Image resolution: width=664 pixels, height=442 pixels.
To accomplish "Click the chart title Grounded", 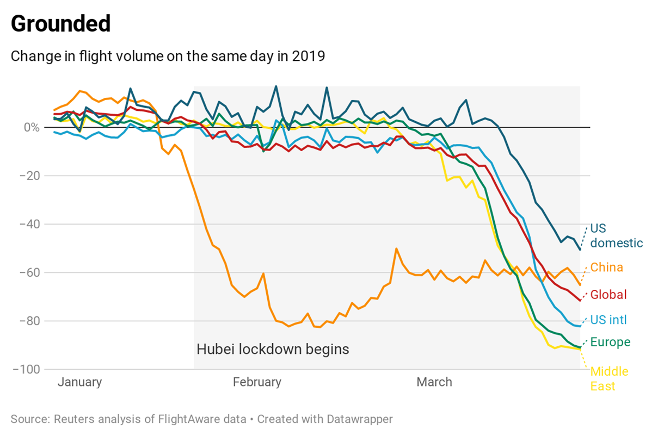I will pyautogui.click(x=60, y=24).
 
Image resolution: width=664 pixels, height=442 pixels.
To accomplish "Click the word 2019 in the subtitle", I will pyautogui.click(x=310, y=56).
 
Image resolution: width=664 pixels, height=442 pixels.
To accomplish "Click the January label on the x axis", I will pyautogui.click(x=79, y=382).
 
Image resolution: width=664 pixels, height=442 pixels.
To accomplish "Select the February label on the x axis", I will pyautogui.click(x=257, y=382).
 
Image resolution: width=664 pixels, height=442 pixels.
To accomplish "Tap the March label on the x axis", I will pyautogui.click(x=434, y=382).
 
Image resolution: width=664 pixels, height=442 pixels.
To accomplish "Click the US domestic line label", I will pyautogui.click(x=616, y=235).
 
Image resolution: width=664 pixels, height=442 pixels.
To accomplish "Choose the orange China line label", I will pyautogui.click(x=606, y=267).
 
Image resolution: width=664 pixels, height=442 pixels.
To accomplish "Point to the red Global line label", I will pyautogui.click(x=608, y=295).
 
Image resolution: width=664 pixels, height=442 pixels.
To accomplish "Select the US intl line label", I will pyautogui.click(x=608, y=320).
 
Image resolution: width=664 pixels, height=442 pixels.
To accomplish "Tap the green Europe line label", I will pyautogui.click(x=610, y=343).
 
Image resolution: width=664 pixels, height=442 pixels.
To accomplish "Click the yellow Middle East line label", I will pyautogui.click(x=609, y=379).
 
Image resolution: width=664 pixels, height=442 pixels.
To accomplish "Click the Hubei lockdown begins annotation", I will pyautogui.click(x=273, y=349).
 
